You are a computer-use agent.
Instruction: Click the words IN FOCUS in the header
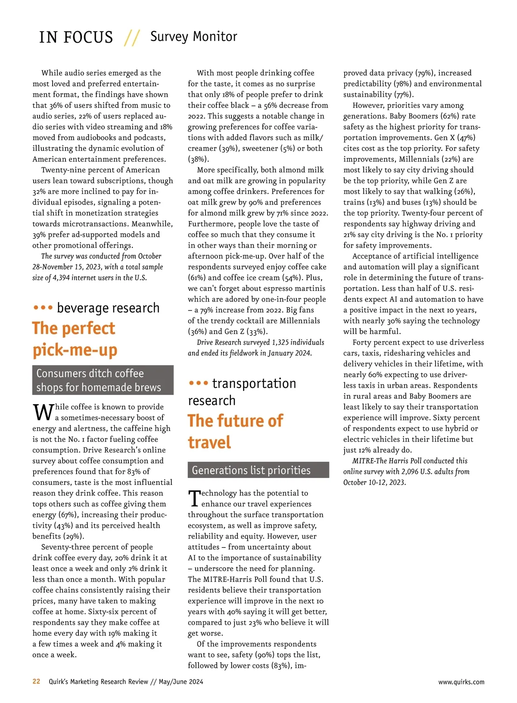[76, 37]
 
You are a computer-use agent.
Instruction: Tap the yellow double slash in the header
[131, 38]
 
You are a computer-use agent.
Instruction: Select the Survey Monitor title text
[193, 37]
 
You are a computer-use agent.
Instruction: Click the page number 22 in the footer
[36, 681]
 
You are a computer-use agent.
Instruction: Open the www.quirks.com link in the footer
[461, 682]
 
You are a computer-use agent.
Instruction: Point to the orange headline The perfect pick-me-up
[74, 339]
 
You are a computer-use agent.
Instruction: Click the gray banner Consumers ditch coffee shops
[103, 380]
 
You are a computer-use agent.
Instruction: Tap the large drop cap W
[43, 412]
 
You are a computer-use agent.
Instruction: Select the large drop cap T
[194, 498]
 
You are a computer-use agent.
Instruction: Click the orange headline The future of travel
[235, 431]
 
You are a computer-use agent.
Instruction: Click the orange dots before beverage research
[43, 308]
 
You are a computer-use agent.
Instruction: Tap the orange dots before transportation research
[199, 383]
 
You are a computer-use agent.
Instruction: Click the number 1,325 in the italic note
[280, 342]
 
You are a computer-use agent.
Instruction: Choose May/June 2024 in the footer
[181, 682]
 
